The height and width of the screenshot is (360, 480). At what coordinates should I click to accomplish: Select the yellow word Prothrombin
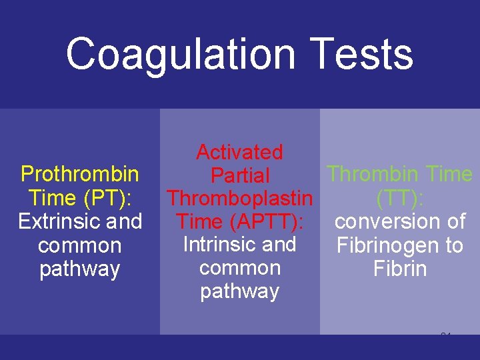coord(80,175)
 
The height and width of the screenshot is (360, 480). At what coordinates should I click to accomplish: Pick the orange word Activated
coord(239,153)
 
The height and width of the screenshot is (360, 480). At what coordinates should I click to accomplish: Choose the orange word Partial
coord(239,176)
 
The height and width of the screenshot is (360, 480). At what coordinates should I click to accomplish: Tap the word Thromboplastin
coord(239,199)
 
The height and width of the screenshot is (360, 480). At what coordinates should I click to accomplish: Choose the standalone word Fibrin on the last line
coord(400,269)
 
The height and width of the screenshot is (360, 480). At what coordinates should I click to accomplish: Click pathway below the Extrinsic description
coord(80,270)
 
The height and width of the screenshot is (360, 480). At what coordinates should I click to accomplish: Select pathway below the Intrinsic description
coord(239,292)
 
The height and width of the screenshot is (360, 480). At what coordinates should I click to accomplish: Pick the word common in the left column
coord(80,246)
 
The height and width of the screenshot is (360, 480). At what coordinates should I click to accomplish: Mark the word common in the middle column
coord(239,268)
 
